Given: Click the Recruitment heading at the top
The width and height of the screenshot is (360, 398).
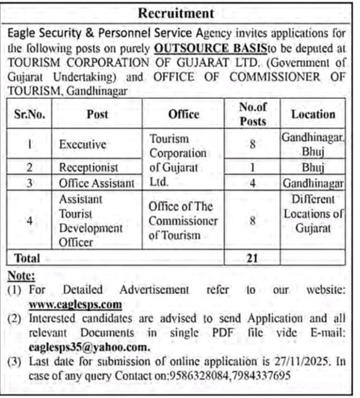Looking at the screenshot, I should pyautogui.click(x=176, y=12).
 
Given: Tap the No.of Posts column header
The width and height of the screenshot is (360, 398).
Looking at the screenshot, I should pyautogui.click(x=253, y=114).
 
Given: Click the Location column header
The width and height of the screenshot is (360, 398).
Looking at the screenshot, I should pyautogui.click(x=313, y=114).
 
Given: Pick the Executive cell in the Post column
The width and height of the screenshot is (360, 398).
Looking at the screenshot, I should pyautogui.click(x=83, y=144).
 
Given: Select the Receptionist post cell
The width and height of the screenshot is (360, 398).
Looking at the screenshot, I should pyautogui.click(x=88, y=168).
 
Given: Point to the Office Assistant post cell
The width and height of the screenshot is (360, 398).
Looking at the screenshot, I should pyautogui.click(x=97, y=183).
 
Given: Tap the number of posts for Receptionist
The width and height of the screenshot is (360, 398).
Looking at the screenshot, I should pyautogui.click(x=253, y=168).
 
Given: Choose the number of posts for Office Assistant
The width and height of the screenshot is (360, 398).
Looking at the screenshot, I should pyautogui.click(x=253, y=183).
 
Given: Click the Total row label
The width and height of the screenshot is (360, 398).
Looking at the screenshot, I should pyautogui.click(x=26, y=258).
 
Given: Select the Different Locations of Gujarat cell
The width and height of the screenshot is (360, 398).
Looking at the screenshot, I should pyautogui.click(x=313, y=214).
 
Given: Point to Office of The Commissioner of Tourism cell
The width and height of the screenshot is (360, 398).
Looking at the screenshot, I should pyautogui.click(x=183, y=220).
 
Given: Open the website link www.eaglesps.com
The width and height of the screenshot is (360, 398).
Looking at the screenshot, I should pyautogui.click(x=75, y=304).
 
